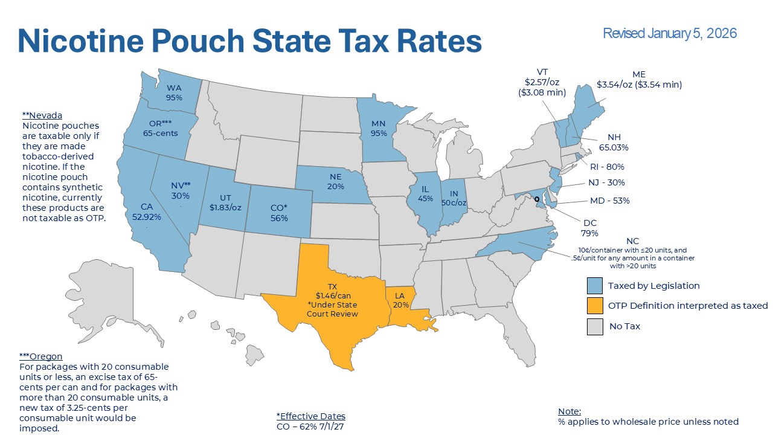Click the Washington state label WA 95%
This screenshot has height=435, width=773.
click(x=175, y=92)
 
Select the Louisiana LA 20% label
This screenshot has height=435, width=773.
click(x=400, y=300)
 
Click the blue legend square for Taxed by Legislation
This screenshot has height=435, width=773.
click(x=595, y=286)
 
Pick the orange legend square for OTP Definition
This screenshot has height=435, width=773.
click(x=595, y=306)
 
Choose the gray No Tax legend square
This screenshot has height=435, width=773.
click(x=595, y=326)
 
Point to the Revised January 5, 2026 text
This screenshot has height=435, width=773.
click(x=670, y=33)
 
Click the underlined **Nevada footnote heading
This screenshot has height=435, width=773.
click(x=42, y=115)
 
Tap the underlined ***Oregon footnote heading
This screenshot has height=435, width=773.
click(x=40, y=356)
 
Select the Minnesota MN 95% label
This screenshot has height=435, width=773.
click(x=379, y=129)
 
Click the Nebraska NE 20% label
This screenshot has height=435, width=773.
click(x=336, y=182)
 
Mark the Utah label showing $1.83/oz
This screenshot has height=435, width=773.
click(x=225, y=202)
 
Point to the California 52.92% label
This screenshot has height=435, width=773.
click(x=146, y=212)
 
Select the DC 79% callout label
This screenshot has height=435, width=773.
click(x=589, y=228)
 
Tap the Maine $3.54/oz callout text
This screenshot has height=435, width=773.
click(x=639, y=80)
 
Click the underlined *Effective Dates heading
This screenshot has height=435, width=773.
click(x=310, y=416)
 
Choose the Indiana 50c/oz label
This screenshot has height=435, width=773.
click(x=454, y=198)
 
